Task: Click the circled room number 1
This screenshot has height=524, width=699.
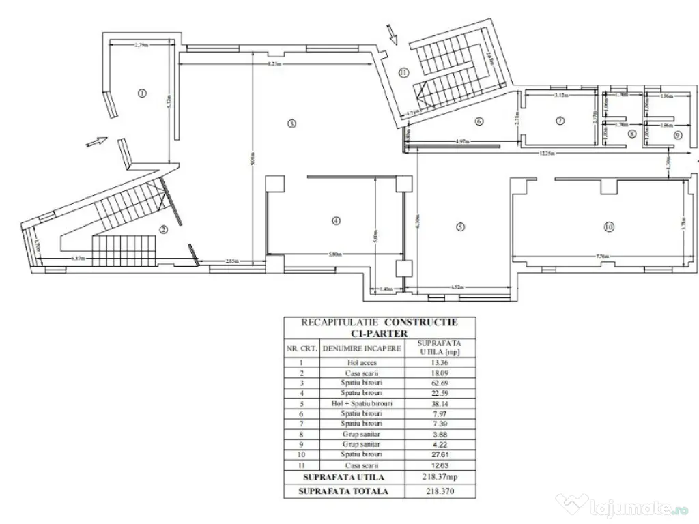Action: (142, 93)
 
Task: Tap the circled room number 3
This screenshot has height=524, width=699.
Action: (291, 123)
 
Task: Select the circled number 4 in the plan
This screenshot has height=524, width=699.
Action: (335, 220)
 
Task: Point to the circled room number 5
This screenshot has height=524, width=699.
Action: (460, 227)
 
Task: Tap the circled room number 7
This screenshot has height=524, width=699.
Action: (560, 121)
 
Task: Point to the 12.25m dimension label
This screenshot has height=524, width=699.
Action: (543, 154)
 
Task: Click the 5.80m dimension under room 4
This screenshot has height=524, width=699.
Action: (334, 255)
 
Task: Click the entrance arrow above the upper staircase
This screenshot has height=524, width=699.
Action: (391, 33)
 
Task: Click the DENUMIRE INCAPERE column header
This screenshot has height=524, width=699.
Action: (361, 348)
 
